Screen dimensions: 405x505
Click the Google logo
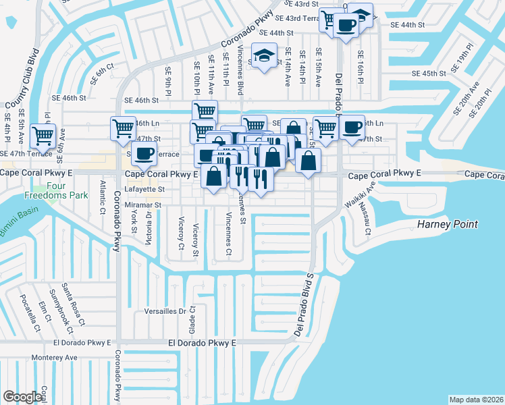click(x=22, y=397)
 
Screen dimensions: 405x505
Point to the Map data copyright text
click(x=476, y=399)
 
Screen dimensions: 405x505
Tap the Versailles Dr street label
click(x=165, y=311)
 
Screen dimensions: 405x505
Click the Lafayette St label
click(x=147, y=190)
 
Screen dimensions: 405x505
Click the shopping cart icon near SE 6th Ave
click(x=43, y=135)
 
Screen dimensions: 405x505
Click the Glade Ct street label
click(x=192, y=317)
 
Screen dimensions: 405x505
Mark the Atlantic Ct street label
click(x=102, y=196)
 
